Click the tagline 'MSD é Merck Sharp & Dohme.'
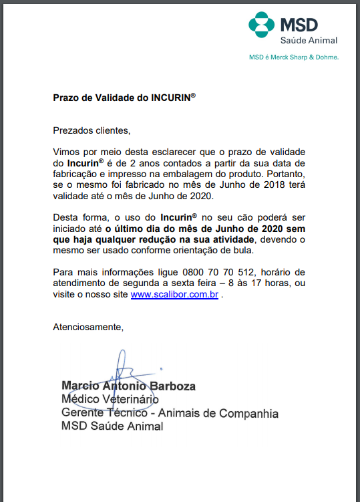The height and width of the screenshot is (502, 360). point(294,57)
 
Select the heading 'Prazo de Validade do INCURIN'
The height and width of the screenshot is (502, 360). point(124,97)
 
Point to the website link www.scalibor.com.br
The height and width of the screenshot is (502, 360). point(175,295)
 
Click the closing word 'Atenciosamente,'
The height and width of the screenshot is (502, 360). point(89,327)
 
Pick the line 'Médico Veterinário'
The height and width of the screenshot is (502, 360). point(110,400)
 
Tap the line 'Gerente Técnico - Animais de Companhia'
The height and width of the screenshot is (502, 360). point(170,413)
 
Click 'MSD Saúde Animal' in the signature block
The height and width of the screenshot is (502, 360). point(112,426)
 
